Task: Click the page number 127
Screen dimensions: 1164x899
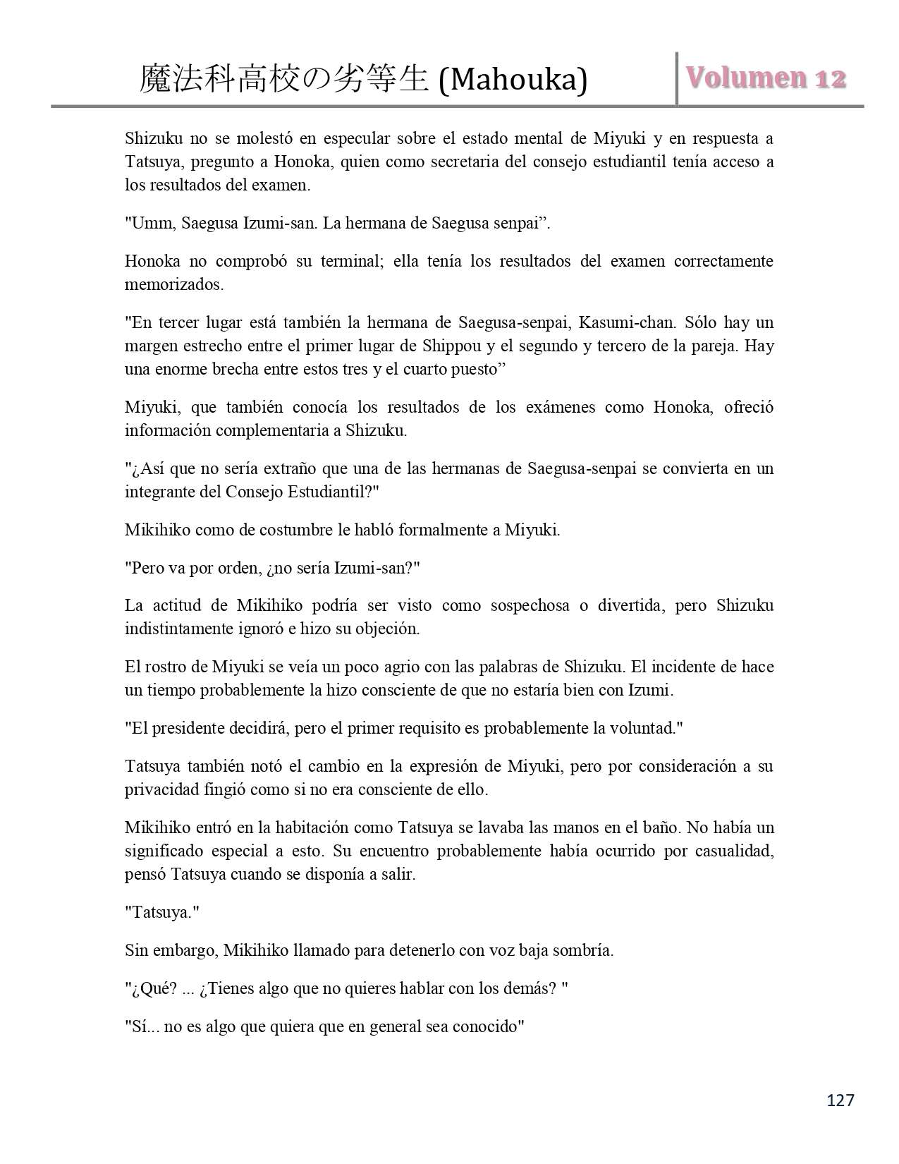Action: point(840,1100)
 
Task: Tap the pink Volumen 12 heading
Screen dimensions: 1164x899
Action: point(766,78)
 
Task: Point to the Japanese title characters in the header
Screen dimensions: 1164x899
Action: point(284,79)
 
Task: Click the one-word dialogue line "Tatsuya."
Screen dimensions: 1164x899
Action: point(162,912)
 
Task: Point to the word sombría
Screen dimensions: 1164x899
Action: point(583,950)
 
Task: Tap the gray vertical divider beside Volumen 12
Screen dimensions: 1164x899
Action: point(677,79)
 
